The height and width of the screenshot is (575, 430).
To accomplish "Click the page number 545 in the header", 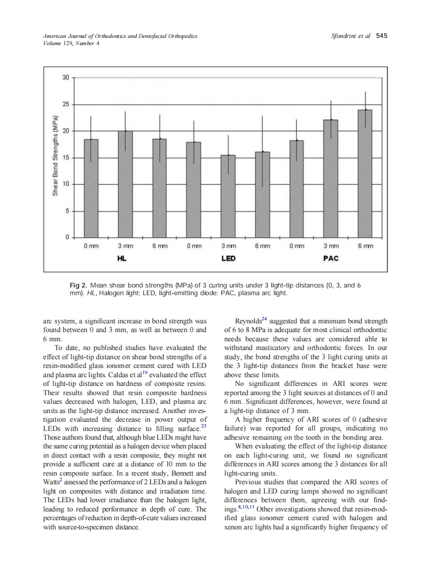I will (381, 36).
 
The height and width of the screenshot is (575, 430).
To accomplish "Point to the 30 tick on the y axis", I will (65, 77).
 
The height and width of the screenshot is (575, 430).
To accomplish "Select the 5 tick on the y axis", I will (67, 211).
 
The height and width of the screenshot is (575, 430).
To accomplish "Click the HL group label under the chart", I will (122, 258).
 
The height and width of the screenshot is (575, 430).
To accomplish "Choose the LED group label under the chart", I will (228, 258).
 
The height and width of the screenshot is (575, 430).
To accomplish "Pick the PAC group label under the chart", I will (331, 258).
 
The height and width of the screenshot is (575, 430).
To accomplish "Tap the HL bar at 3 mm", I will (125, 184).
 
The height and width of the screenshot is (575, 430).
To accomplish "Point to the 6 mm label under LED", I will (262, 247).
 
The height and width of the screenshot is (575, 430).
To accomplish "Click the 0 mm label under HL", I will (91, 247).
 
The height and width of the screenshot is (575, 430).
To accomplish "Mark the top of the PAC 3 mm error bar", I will (331, 101).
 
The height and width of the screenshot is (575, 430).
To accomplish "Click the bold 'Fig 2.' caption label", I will (79, 285).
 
